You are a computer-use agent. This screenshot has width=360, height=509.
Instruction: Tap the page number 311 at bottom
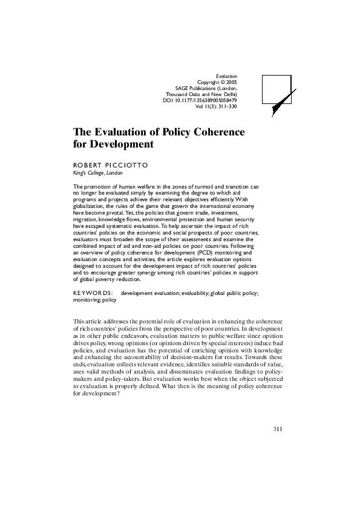click(x=278, y=429)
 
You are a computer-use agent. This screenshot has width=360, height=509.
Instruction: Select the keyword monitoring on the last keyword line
click(x=87, y=299)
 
